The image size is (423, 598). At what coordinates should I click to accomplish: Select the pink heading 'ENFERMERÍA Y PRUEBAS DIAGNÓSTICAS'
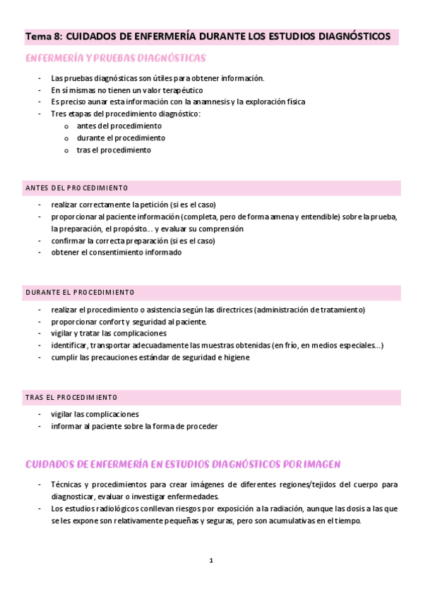point(116,58)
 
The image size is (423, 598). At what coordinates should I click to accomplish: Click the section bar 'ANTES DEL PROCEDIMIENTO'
point(76,188)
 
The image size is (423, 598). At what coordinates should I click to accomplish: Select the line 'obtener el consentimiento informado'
point(117,252)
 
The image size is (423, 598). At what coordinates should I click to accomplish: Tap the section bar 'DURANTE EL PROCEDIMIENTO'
point(80,292)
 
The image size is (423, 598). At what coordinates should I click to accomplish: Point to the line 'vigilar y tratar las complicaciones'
point(109,333)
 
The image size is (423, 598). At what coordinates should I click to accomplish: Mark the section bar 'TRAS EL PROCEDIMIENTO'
point(71,397)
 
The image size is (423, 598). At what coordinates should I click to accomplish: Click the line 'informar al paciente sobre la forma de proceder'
point(134,426)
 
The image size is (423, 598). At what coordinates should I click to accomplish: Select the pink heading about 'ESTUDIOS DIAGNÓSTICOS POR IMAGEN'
point(183,464)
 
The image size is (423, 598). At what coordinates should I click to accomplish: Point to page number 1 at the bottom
point(210,560)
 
